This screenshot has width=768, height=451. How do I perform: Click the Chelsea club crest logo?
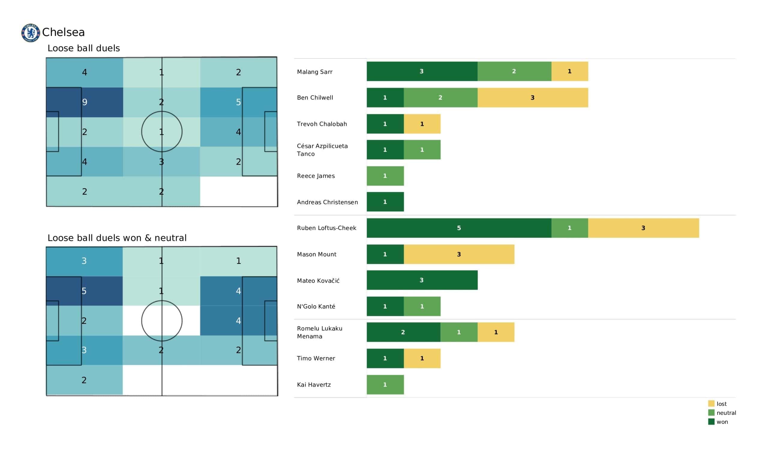31,33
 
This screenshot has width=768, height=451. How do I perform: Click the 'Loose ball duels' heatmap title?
83,48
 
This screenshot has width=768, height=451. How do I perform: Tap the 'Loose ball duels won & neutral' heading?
117,238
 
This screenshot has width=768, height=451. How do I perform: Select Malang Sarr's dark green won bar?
422,71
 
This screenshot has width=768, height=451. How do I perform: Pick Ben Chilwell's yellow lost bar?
532,97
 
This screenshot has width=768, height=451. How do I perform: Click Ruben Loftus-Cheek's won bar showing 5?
459,228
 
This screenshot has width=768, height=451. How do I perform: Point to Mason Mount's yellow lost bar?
459,254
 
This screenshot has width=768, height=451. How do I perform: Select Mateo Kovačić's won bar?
422,280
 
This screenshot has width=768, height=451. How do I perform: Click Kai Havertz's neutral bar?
385,384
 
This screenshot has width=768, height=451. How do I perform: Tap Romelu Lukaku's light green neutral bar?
459,332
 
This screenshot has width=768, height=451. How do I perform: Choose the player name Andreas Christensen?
327,202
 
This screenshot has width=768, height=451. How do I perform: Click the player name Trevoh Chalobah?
322,124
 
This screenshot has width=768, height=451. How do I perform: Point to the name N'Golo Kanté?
316,306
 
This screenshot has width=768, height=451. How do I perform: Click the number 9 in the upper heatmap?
85,102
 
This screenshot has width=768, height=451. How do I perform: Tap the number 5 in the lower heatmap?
84,291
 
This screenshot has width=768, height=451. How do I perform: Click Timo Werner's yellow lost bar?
422,358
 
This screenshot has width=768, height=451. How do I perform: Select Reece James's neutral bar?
385,176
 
